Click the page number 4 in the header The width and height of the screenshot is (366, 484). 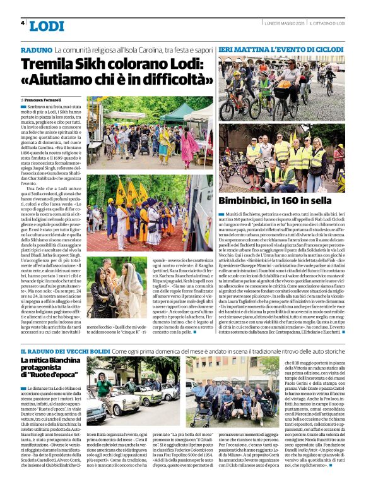(x=22, y=23)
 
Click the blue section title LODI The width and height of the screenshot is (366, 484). (x=47, y=26)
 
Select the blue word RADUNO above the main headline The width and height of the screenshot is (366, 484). (x=36, y=49)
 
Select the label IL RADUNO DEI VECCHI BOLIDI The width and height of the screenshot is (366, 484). (x=64, y=350)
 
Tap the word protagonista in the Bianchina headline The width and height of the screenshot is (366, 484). (x=45, y=369)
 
